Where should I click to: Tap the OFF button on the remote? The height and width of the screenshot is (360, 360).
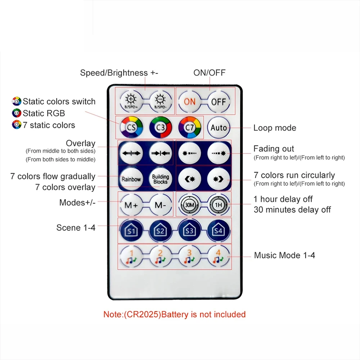coord(219,102)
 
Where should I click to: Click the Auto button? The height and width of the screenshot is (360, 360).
coord(219,127)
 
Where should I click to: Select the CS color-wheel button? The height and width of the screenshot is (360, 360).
coord(131,127)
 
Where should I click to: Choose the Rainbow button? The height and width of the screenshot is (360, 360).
coord(131,179)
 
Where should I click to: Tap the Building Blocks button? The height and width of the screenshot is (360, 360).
coord(161,179)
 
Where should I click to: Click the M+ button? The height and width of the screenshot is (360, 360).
coord(131,205)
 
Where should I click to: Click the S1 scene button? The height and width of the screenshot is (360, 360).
coord(131,231)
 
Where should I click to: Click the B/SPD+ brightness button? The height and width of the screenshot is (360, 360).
coord(131,101)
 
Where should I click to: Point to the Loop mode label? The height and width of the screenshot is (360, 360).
coord(275,128)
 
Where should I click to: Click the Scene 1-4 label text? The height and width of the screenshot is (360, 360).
coord(76,228)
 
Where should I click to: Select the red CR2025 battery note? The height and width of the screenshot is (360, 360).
coord(175,314)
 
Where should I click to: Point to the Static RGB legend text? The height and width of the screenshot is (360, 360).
coord(44,113)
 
